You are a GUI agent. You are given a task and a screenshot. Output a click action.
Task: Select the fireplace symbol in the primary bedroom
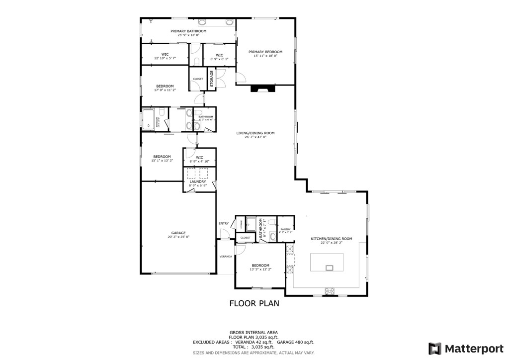262,89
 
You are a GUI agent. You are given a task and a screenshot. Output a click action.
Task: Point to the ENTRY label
224,223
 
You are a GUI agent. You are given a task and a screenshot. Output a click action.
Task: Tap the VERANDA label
226,257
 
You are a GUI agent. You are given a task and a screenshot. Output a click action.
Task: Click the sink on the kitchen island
329,268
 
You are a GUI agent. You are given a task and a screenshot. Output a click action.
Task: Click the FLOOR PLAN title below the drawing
254,303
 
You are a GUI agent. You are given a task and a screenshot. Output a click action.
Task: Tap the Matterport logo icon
434,348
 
